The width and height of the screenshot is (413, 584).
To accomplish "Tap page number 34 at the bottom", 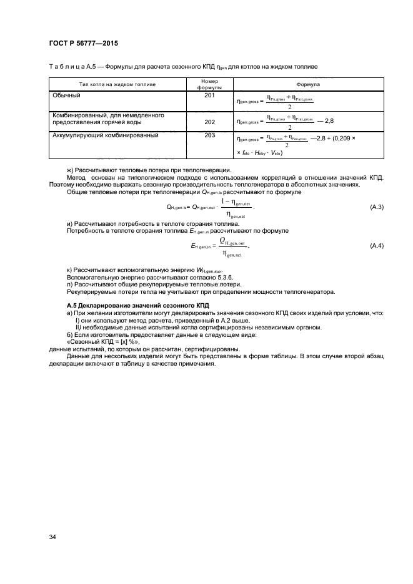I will pos(52,536).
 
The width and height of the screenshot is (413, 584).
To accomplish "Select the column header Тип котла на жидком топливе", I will pos(117,84).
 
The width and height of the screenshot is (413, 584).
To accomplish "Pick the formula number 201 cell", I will pos(209,95).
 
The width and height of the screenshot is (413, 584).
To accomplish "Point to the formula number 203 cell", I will pos(209,135).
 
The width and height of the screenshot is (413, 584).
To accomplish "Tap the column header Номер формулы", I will pos(209,84).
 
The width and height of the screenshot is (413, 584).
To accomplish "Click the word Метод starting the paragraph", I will pos(77,178).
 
